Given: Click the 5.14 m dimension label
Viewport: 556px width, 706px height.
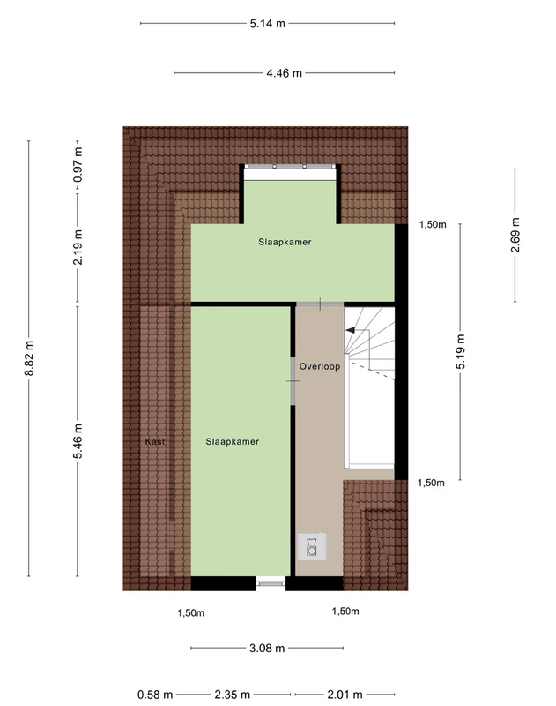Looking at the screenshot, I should click(x=267, y=24).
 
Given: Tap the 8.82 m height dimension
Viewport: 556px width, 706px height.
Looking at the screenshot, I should click(x=30, y=359).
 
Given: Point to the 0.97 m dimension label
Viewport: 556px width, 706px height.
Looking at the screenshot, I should click(x=78, y=164).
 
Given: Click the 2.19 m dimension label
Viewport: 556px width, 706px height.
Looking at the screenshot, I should click(x=78, y=247).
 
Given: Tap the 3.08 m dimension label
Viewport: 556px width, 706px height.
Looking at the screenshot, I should click(x=267, y=649).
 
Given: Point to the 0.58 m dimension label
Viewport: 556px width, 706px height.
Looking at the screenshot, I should click(x=155, y=694).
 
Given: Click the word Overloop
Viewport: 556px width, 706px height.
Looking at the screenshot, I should click(x=319, y=365).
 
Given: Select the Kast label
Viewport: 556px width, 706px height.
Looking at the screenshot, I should click(x=156, y=440).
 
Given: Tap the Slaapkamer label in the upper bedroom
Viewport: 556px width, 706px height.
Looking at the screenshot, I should click(x=285, y=241).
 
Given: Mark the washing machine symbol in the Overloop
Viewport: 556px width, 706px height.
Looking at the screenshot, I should click(x=312, y=549).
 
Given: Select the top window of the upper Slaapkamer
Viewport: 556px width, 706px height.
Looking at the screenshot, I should click(x=290, y=167).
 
